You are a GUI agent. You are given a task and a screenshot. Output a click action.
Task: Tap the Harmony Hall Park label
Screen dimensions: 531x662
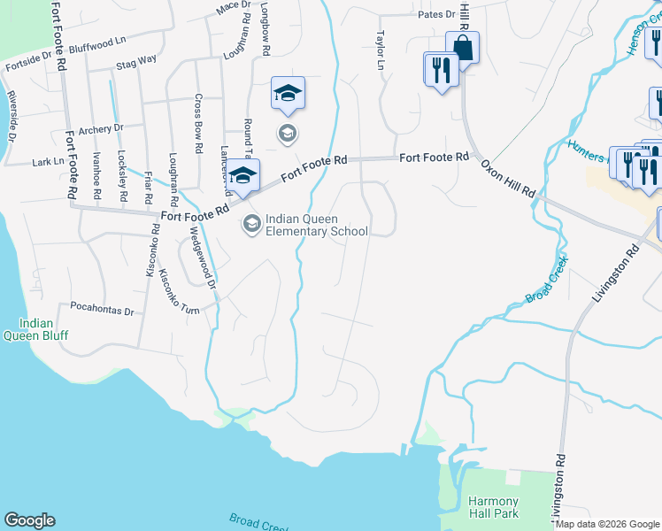pyautogui.click(x=493, y=507)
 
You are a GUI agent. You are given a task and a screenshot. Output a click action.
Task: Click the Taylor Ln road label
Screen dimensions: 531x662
pyautogui.click(x=381, y=52)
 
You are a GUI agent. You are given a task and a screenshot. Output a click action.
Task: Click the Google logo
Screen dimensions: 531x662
pyautogui.click(x=29, y=521)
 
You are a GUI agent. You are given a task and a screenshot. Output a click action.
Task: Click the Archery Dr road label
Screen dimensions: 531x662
pyautogui.click(x=100, y=129)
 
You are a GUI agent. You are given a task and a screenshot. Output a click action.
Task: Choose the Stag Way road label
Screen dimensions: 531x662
pyautogui.click(x=135, y=62)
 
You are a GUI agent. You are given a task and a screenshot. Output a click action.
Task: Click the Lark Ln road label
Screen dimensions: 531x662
pyautogui.click(x=48, y=162)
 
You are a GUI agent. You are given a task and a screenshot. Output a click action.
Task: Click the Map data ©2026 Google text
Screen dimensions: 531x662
pyautogui.click(x=608, y=524)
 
